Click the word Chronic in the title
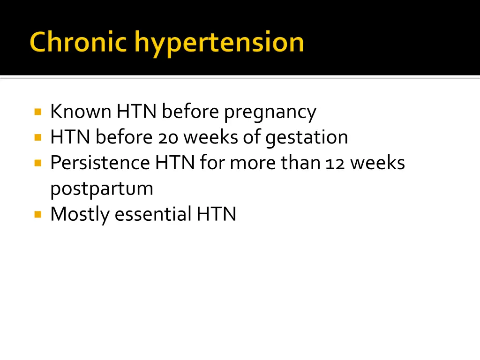[x=78, y=42]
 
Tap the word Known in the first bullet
[x=81, y=112]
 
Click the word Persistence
[x=100, y=163]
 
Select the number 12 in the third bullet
[x=333, y=163]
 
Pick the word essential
[x=153, y=214]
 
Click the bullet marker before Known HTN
[x=38, y=112]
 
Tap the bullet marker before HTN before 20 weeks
[x=38, y=138]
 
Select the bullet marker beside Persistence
[x=38, y=163]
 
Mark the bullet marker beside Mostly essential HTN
[x=38, y=214]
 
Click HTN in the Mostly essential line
[x=216, y=214]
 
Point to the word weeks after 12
[x=377, y=163]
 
